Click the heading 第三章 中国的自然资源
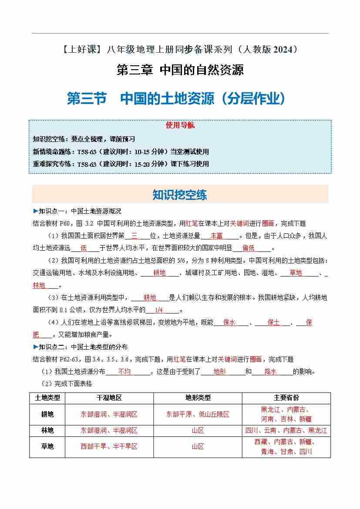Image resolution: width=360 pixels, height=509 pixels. (180, 70)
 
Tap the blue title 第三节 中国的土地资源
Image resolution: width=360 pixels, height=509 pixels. (176, 98)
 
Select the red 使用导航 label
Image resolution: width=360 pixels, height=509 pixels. (180, 125)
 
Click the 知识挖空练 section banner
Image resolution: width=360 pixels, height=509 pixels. (180, 195)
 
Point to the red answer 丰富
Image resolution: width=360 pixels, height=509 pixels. (216, 236)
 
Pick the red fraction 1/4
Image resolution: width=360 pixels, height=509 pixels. (158, 310)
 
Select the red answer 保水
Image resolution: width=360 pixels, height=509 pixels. (229, 323)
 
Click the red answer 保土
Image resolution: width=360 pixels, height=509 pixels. (273, 323)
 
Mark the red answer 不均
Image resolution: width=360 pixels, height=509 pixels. (124, 372)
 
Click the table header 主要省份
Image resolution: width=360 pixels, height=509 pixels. (286, 398)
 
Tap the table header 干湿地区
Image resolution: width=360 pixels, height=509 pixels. (109, 398)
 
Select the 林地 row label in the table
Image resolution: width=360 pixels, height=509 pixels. (47, 430)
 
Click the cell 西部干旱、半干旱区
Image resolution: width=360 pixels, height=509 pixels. (109, 446)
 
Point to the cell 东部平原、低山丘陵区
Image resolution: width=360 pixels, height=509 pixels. (198, 414)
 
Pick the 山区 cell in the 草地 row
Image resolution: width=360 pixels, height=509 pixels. (198, 446)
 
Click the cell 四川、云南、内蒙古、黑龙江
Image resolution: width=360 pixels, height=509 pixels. (286, 430)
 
